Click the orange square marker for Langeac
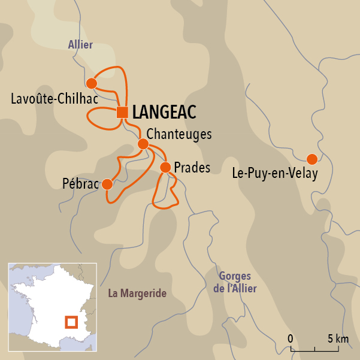pyautogui.click(x=122, y=112)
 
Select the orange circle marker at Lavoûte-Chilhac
pyautogui.click(x=92, y=83)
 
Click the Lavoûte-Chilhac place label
pyautogui.click(x=54, y=99)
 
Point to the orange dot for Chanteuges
pyautogui.click(x=143, y=144)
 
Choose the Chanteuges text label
pyautogui.click(x=179, y=134)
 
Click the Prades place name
pyautogui.click(x=192, y=168)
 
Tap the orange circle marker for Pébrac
pyautogui.click(x=107, y=184)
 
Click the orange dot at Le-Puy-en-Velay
pyautogui.click(x=311, y=159)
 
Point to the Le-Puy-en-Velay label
pyautogui.click(x=274, y=174)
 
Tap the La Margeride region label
pyautogui.click(x=137, y=294)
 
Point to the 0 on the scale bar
pyautogui.click(x=291, y=338)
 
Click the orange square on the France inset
pyautogui.click(x=71, y=322)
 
